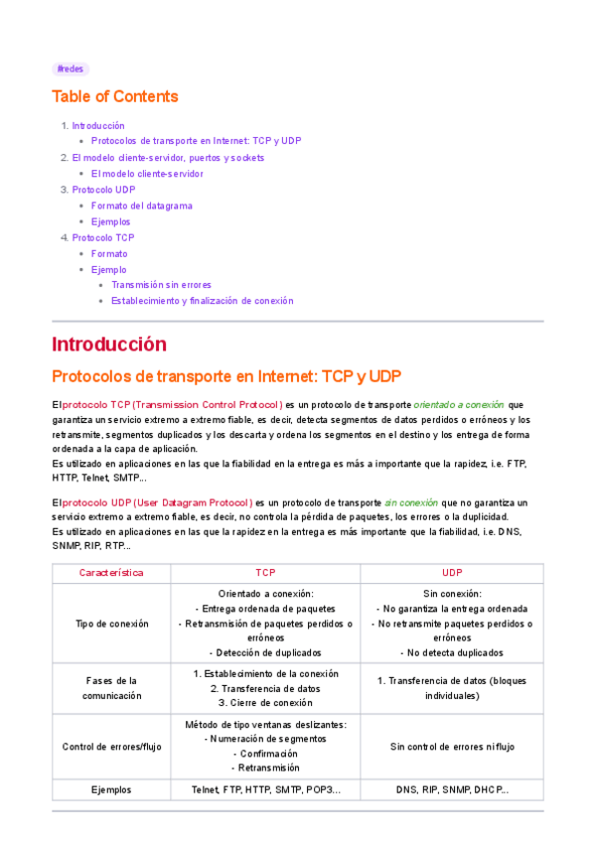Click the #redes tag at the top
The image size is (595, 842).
[71, 70]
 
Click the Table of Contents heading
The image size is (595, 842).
[115, 96]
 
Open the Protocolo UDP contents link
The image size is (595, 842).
[103, 190]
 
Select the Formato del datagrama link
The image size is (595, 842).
[141, 206]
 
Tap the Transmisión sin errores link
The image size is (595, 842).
[161, 285]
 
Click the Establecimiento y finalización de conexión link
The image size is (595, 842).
[202, 301]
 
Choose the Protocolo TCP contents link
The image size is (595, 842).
[103, 237]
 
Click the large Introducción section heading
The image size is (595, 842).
[109, 345]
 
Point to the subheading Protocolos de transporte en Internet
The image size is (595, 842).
[225, 376]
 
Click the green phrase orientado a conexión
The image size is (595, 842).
[458, 405]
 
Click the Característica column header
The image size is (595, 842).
[111, 573]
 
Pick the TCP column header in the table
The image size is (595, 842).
[265, 573]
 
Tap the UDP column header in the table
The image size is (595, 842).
[452, 573]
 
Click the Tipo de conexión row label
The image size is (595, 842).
[111, 624]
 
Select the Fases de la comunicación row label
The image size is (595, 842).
[111, 688]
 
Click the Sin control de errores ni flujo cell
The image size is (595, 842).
[452, 747]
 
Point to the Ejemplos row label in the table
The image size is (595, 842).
[111, 790]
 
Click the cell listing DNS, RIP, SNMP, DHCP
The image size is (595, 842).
[452, 790]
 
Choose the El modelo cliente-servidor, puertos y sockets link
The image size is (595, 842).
[168, 158]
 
